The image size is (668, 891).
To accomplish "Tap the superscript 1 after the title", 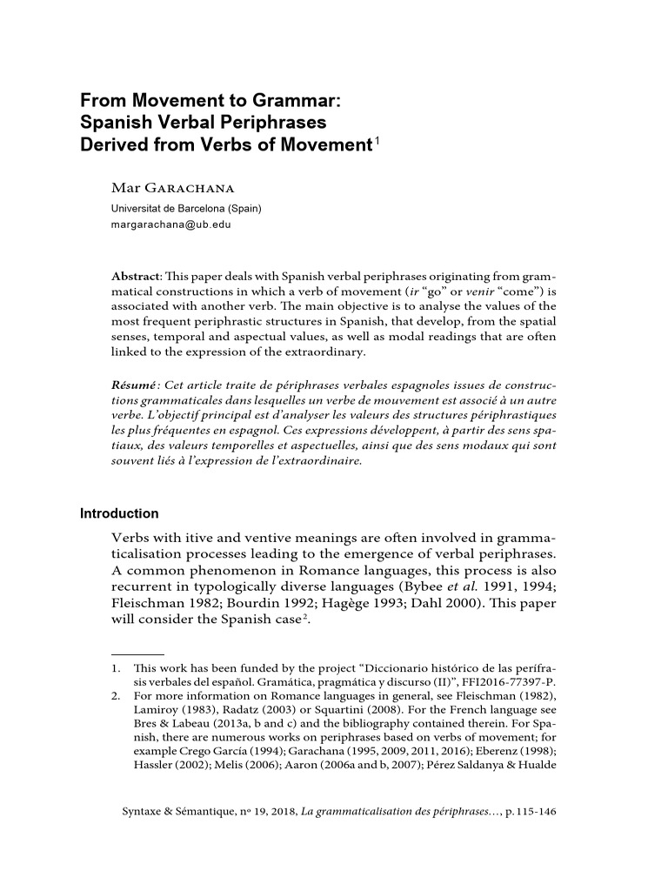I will tap(377, 139).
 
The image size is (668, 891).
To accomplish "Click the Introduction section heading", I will tap(119, 513).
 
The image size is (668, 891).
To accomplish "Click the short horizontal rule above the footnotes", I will tap(137, 652).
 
